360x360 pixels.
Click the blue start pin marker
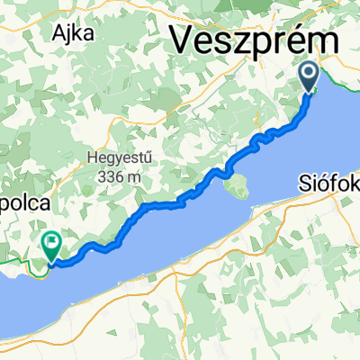point(310,76)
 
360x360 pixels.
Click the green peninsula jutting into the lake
point(238,187)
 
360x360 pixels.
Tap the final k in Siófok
point(354,185)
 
